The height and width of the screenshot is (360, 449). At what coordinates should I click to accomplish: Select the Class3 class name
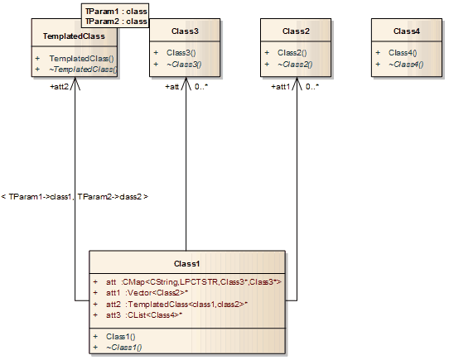coord(186,31)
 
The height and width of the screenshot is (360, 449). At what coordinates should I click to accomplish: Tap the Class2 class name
coord(296,31)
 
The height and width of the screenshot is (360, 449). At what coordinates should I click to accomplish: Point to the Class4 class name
coord(407,31)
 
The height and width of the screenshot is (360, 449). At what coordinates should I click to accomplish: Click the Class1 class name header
coord(187,263)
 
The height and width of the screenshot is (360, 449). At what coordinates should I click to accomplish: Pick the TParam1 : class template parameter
coord(115,12)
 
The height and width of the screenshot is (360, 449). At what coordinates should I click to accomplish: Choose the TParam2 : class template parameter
coord(115,22)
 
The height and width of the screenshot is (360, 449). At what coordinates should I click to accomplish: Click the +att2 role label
coord(60,85)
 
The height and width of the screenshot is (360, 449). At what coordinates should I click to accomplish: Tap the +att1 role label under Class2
coord(282,85)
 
